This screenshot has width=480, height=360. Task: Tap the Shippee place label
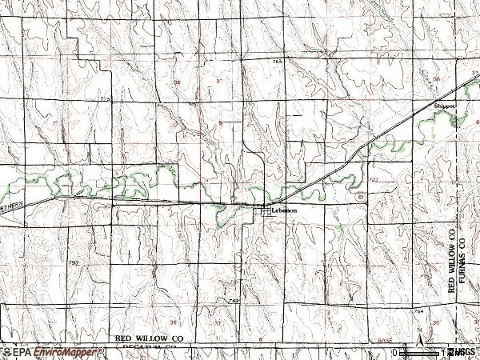pyautogui.click(x=444, y=105)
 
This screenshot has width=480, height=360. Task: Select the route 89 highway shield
pyautogui.click(x=361, y=196)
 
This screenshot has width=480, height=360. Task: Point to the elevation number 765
pyautogui.click(x=278, y=62)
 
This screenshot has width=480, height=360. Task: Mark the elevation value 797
pyautogui.click(x=74, y=262)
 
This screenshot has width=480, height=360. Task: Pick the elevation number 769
pyautogui.click(x=234, y=300)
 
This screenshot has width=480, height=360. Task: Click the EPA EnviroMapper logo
pyautogui.click(x=52, y=352)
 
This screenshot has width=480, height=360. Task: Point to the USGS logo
pyautogui.click(x=462, y=352)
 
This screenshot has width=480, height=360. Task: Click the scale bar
pyautogui.click(x=420, y=351)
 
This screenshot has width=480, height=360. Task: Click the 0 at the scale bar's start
pyautogui.click(x=394, y=352)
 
